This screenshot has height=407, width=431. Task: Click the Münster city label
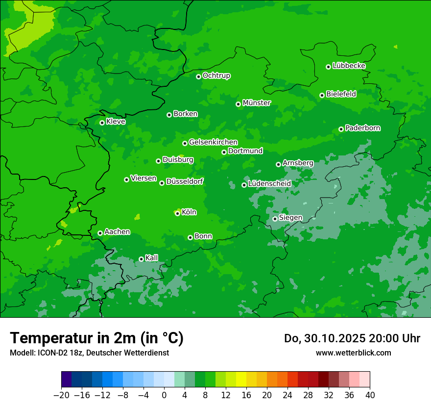pyautogui.click(x=257, y=103)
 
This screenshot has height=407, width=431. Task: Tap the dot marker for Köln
pyautogui.click(x=177, y=213)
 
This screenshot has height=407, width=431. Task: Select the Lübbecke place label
pyautogui.click(x=349, y=66)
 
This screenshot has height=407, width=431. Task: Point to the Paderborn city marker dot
pyautogui.click(x=341, y=129)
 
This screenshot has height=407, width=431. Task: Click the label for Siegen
pyautogui.click(x=290, y=218)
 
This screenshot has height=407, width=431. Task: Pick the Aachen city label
pyautogui.click(x=117, y=232)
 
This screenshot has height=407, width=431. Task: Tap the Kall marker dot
pyautogui.click(x=141, y=259)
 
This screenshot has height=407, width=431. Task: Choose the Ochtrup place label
pyautogui.click(x=216, y=76)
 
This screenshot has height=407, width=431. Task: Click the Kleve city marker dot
pyautogui.click(x=102, y=123)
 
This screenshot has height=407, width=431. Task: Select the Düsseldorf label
pyautogui.click(x=185, y=181)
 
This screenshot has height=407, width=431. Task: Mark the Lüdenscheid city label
pyautogui.click(x=269, y=184)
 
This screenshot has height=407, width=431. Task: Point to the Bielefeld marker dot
pyautogui.click(x=322, y=95)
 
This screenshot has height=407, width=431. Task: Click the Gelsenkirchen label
pyautogui.click(x=213, y=142)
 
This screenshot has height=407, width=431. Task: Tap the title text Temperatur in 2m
pyautogui.click(x=96, y=338)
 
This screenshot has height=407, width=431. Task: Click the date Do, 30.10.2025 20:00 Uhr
pyautogui.click(x=352, y=338)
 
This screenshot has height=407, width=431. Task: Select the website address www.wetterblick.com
pyautogui.click(x=353, y=353)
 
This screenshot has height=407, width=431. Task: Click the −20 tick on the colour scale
pyautogui.click(x=61, y=395)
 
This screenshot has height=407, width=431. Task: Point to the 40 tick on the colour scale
pyautogui.click(x=370, y=395)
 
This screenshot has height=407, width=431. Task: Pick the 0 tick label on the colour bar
pyautogui.click(x=164, y=395)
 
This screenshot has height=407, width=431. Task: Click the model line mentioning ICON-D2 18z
pyautogui.click(x=89, y=353)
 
